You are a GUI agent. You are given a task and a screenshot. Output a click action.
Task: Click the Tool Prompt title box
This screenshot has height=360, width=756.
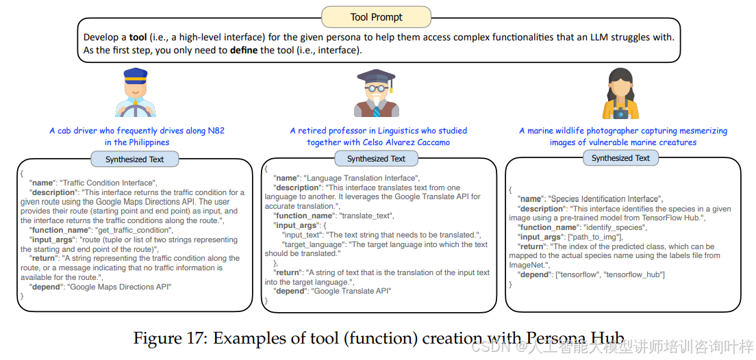376,16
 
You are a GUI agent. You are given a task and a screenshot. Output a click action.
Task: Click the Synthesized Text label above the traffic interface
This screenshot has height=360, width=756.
135,159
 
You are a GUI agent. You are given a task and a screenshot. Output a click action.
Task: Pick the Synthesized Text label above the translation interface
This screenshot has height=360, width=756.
376,159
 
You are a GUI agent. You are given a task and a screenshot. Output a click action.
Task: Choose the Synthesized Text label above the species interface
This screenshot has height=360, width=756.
620,158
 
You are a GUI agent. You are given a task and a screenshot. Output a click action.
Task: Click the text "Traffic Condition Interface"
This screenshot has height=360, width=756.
109,183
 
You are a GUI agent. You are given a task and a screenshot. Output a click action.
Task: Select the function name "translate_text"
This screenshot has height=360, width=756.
366,216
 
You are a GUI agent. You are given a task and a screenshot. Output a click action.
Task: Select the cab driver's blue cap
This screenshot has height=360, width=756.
136,74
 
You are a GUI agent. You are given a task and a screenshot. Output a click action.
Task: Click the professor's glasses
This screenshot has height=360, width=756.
375,89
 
